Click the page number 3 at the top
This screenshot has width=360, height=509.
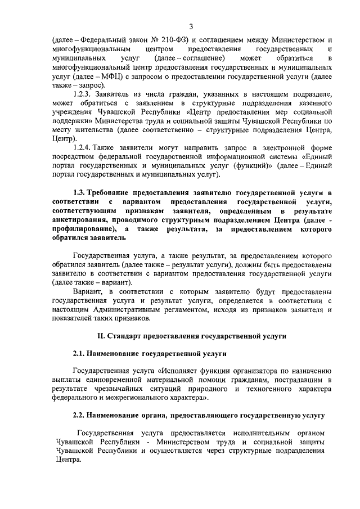tap(191, 26)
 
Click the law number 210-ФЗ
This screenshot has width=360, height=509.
tap(170, 40)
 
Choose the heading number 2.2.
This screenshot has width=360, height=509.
tap(80, 416)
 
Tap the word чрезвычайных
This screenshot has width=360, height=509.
tap(123, 389)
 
